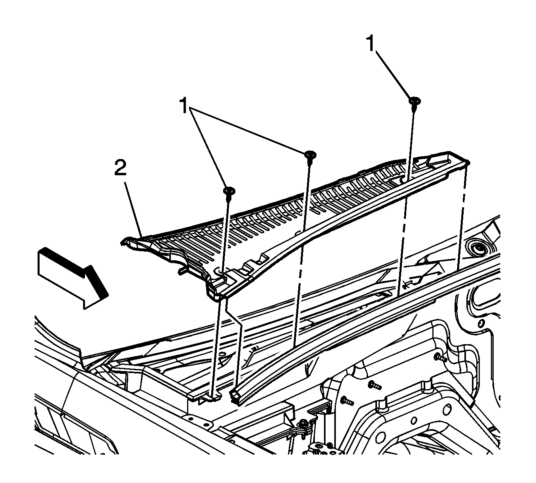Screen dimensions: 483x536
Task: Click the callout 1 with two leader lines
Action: coord(184,106)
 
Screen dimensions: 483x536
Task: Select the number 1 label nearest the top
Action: coord(371,45)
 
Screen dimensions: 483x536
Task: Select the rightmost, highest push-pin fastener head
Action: coord(414,101)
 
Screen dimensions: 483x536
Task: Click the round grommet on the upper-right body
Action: coord(478,248)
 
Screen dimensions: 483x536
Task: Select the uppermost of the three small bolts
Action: coord(440,358)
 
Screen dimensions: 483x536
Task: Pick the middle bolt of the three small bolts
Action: coord(374,385)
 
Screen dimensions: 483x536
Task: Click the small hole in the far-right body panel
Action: coord(481,324)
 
